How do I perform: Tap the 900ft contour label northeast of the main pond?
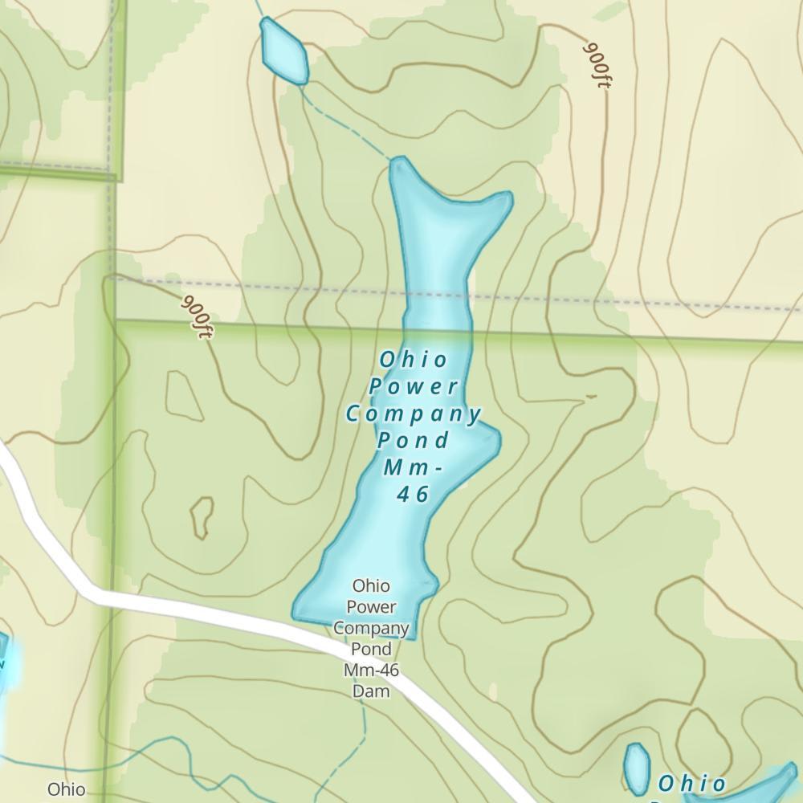[595, 65]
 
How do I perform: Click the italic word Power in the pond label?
[414, 386]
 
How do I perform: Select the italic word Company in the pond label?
[414, 414]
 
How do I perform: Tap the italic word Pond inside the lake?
[414, 441]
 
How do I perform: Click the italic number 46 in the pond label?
[414, 494]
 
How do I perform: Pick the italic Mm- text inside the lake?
[414, 467]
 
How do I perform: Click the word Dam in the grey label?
[371, 691]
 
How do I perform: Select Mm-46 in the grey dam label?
[371, 670]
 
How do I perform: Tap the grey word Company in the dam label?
[371, 628]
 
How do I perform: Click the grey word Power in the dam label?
[371, 606]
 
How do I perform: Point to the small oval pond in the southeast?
[637, 768]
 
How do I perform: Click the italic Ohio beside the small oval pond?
[691, 784]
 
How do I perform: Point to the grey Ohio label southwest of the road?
[66, 789]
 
